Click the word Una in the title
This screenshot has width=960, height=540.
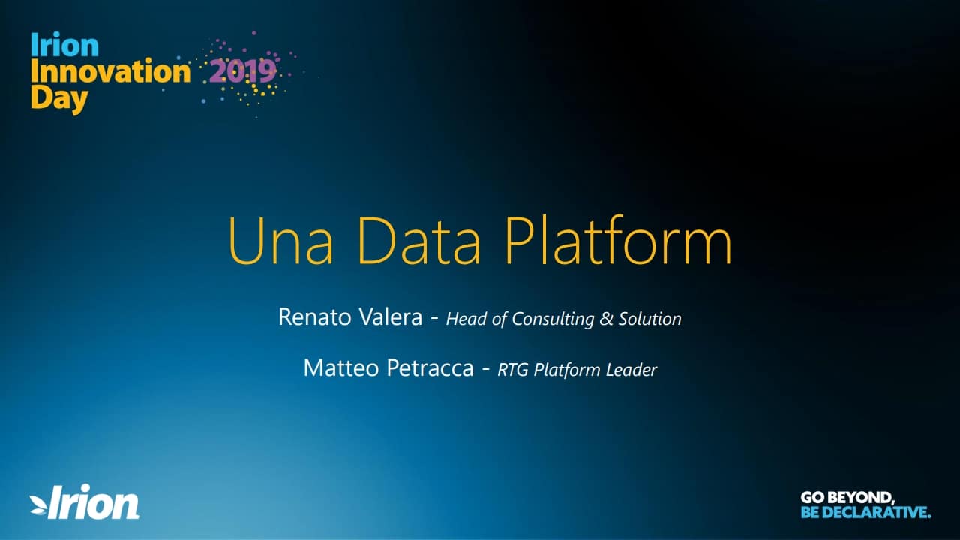tap(280, 241)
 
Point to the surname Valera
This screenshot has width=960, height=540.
tap(391, 317)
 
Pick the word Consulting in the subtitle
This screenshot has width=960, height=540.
tap(553, 319)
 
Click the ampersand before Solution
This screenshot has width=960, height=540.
tap(606, 319)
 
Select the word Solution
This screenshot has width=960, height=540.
tap(649, 319)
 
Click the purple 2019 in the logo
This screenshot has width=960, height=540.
tap(242, 71)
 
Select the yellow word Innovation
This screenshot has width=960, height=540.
tap(110, 70)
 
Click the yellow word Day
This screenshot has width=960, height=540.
tap(59, 100)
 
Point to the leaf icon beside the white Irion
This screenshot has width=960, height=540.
tap(38, 505)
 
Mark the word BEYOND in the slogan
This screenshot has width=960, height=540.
tap(862, 498)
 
